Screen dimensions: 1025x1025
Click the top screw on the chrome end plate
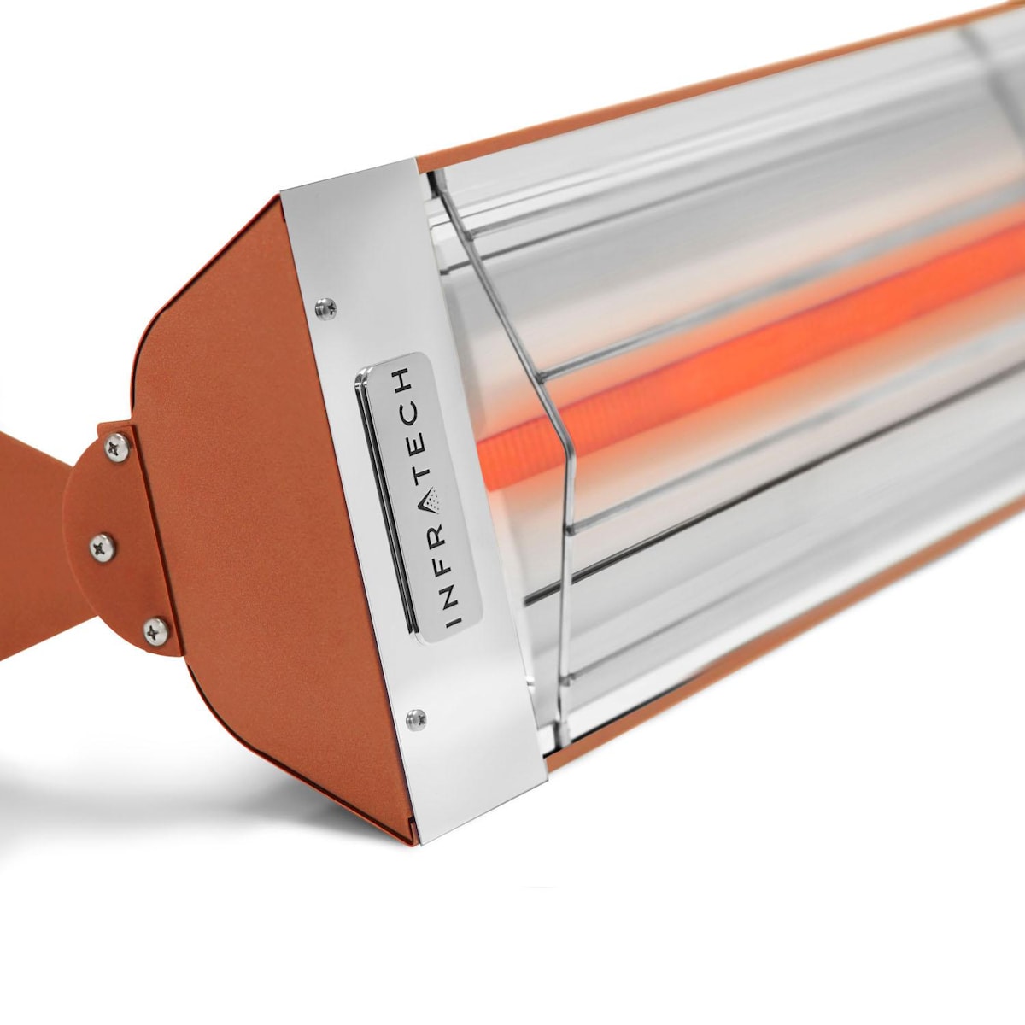pos(325,307)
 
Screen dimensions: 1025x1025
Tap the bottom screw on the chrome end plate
pos(416,719)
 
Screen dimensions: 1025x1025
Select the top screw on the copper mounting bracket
pos(116,446)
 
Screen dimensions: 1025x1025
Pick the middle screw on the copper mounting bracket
pos(102,547)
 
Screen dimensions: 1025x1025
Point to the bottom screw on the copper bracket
pos(156,632)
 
